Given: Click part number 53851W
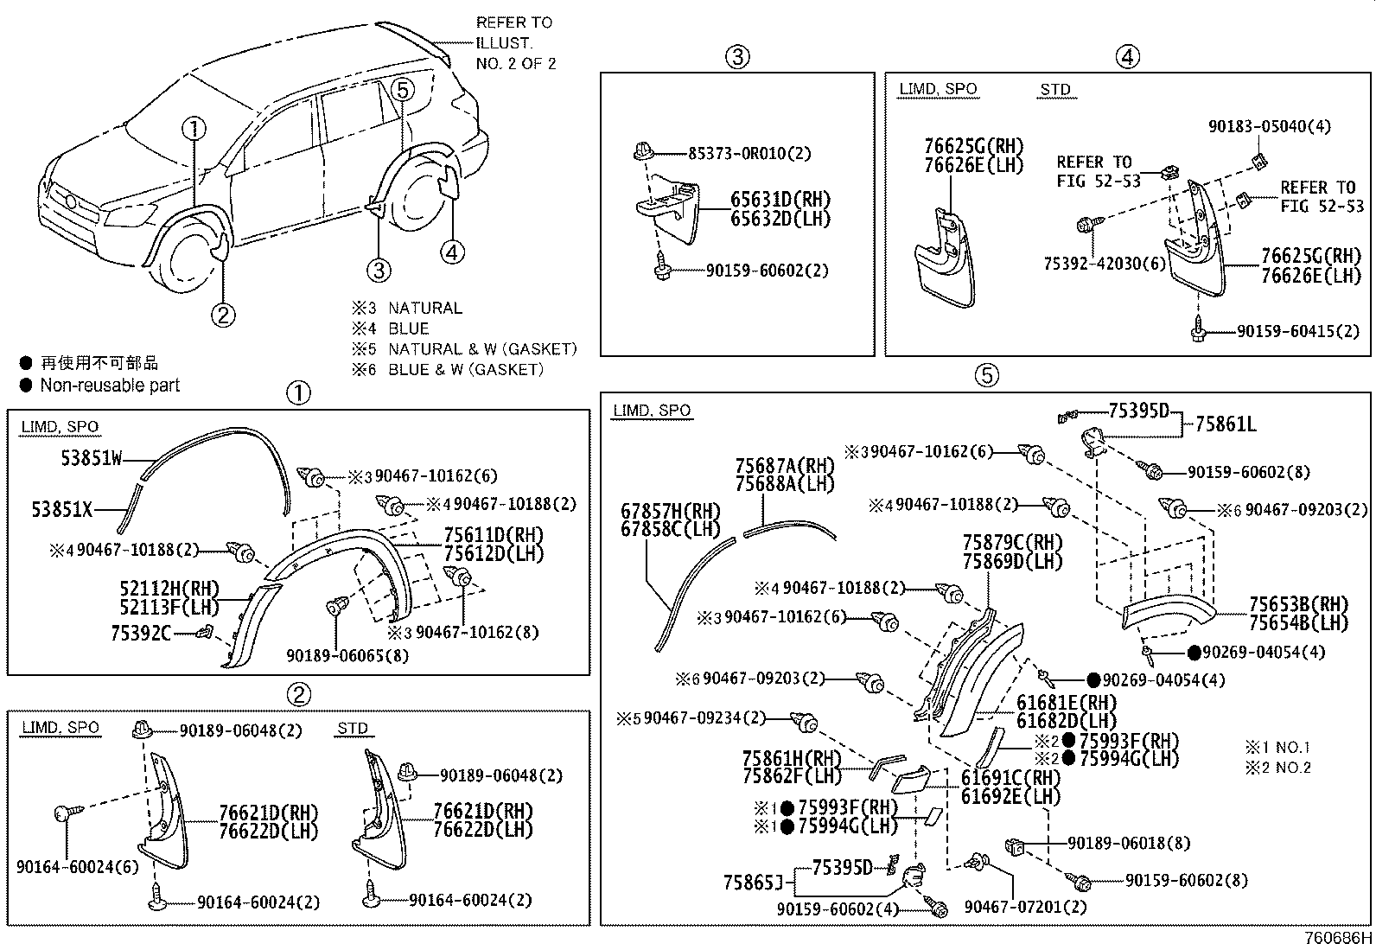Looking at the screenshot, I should [x=91, y=458].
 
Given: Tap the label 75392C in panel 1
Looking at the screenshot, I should [x=141, y=634].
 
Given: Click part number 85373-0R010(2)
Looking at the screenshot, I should [x=749, y=154].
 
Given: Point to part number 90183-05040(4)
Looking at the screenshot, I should [x=1269, y=126].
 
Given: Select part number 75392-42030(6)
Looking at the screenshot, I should [x=1105, y=264].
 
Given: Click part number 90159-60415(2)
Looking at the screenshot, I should [x=1297, y=331].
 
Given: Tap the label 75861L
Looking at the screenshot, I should [x=1226, y=424].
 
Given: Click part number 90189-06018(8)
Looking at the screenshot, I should [x=1128, y=843].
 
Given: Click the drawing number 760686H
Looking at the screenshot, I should [x=1339, y=939].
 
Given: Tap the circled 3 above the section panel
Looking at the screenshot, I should [x=736, y=57].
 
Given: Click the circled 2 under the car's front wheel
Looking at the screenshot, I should [x=223, y=315].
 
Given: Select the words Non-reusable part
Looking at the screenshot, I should [x=110, y=386].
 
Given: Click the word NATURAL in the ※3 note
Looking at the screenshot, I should [x=424, y=308].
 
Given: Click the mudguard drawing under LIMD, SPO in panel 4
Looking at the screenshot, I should [x=946, y=259].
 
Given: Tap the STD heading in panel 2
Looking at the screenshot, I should [x=352, y=728].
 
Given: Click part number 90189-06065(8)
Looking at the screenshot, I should [x=347, y=656].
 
